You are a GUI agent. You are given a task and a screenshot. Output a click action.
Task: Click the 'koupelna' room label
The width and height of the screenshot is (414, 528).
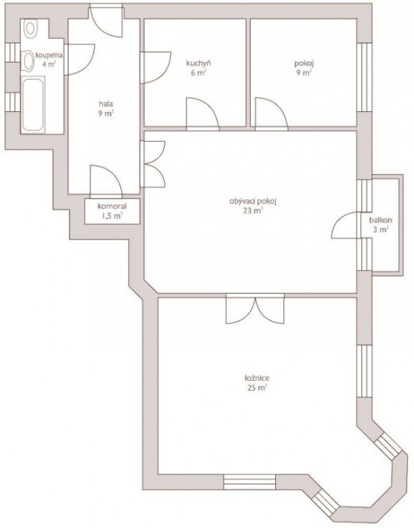[49, 55]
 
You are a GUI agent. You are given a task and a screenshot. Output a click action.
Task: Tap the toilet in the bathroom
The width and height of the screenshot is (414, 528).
[31, 28]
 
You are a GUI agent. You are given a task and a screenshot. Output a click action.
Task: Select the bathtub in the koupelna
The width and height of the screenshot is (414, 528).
[33, 105]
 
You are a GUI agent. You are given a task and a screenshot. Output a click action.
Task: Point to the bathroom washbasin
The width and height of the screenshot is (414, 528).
[28, 61]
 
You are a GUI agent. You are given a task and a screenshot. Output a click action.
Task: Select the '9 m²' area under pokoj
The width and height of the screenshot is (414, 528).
[304, 72]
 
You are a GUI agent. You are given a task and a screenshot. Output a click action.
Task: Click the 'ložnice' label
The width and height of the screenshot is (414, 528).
[257, 378]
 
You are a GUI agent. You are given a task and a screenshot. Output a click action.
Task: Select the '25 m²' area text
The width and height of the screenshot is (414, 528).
[257, 388]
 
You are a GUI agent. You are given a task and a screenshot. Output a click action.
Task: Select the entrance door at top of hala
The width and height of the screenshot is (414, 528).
[105, 21]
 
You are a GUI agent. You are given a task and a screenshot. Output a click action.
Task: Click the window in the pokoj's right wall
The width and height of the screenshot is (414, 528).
[364, 77]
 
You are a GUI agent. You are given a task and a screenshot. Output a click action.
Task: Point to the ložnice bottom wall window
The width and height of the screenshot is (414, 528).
[250, 482]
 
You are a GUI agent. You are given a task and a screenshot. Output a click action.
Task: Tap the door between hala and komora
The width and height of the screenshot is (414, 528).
[106, 180]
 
